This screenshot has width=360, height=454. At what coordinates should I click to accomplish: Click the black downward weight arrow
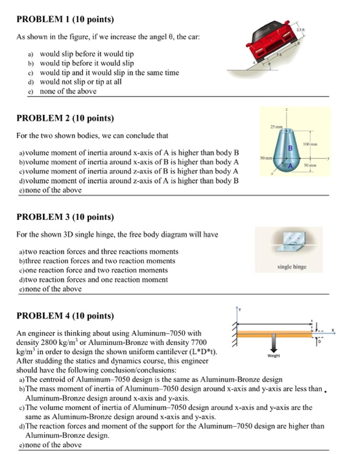click(x=274, y=342)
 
